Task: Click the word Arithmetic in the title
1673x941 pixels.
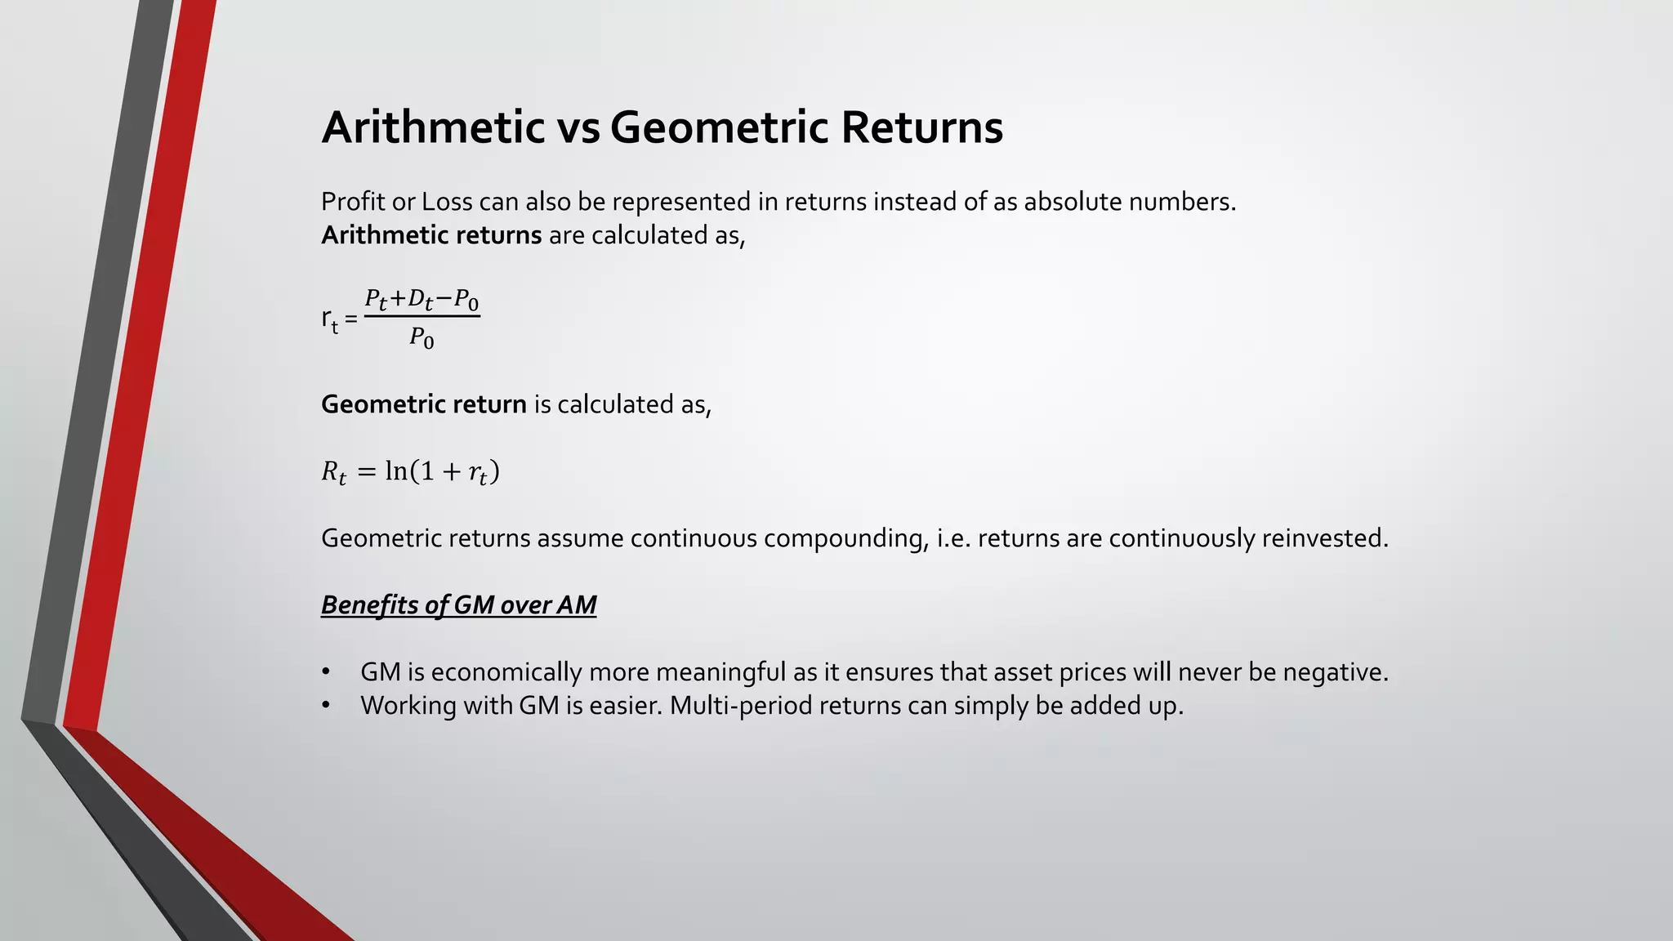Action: [x=433, y=127]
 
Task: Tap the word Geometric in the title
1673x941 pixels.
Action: [x=719, y=127]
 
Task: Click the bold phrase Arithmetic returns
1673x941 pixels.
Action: [x=431, y=235]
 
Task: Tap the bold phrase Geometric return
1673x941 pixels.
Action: [x=423, y=404]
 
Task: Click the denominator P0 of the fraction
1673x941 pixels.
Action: [x=422, y=337]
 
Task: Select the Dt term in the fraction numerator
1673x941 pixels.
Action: [x=420, y=300]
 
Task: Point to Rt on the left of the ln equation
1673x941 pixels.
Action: [x=333, y=472]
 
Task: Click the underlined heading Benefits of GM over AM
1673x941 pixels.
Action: [x=458, y=605]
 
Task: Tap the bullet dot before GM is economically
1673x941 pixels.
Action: [x=326, y=672]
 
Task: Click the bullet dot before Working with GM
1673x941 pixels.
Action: [x=326, y=706]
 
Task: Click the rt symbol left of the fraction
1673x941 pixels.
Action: [x=329, y=319]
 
